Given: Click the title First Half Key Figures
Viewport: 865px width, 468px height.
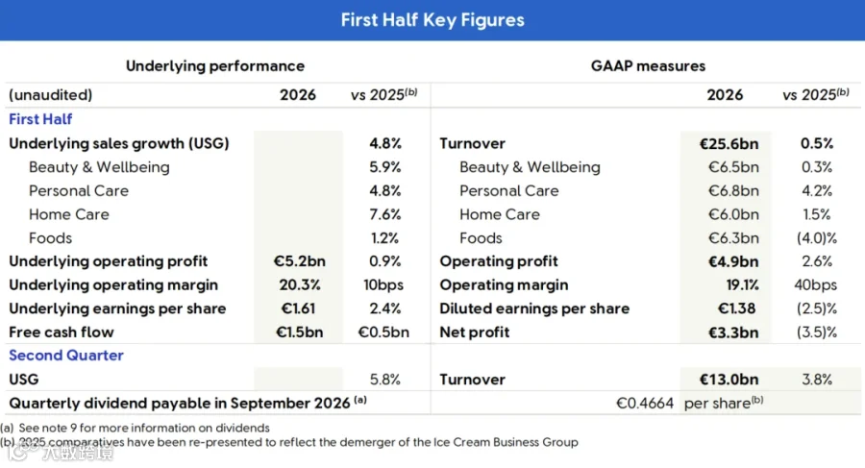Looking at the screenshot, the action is (x=432, y=20).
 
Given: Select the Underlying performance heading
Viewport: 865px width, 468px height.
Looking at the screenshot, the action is (x=215, y=66).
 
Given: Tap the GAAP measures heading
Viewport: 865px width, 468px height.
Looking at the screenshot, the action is (x=648, y=66).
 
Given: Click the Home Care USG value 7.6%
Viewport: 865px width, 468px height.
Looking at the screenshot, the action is (x=385, y=214).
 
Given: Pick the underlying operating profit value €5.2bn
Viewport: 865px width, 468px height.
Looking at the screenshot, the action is (x=300, y=261).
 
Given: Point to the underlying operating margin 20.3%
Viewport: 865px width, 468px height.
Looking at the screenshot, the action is (x=300, y=284).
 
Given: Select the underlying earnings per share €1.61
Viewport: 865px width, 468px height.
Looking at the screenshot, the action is (x=299, y=308).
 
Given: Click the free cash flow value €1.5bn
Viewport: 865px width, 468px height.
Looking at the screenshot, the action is (x=300, y=333).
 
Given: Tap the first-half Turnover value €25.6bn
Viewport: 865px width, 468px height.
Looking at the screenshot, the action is (x=729, y=143).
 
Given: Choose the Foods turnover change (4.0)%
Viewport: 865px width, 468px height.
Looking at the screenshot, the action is (x=817, y=238).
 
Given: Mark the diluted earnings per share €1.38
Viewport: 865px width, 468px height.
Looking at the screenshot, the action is (x=736, y=308).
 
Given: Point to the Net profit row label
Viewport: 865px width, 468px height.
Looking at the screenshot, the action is (x=475, y=333).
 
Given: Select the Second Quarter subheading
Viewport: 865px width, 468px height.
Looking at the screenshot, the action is (x=66, y=356).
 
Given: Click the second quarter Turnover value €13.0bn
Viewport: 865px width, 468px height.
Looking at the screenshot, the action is (x=729, y=380).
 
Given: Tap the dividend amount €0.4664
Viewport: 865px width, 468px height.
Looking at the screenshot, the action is (x=645, y=404).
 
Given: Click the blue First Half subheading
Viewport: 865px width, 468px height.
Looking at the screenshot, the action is (x=40, y=119).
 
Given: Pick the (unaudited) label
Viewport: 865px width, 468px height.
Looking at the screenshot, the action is (x=51, y=95).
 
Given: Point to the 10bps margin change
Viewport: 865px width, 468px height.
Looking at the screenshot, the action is (x=383, y=284).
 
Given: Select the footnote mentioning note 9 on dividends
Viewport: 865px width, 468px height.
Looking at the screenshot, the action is (x=136, y=428).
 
